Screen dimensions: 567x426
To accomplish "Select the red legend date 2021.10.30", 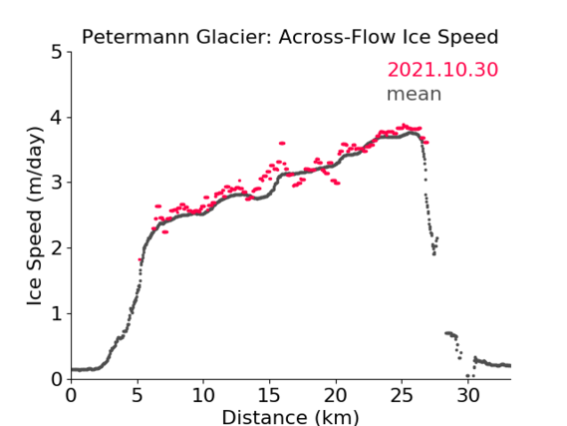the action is [x=442, y=70].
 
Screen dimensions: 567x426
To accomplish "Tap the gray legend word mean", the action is [x=415, y=94].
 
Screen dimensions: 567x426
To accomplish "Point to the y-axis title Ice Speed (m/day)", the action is [x=35, y=215].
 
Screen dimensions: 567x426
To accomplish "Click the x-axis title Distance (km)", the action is [x=290, y=417].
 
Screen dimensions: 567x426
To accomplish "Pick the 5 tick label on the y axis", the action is [x=57, y=52].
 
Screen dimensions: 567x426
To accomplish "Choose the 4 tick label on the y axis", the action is [x=57, y=118].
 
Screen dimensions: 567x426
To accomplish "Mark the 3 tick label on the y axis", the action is [x=57, y=183].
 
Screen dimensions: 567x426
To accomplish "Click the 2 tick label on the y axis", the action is [x=57, y=248].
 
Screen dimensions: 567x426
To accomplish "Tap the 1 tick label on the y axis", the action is [x=57, y=313].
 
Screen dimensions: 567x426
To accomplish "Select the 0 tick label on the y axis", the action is [x=57, y=379].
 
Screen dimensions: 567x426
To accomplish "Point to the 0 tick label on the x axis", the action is [x=71, y=395].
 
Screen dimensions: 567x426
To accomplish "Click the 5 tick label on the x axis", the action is [x=138, y=395].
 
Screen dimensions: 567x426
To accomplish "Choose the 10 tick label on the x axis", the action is [x=203, y=395].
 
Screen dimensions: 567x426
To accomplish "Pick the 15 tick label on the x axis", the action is [x=269, y=395].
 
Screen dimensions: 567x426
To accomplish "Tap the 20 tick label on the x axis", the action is [x=336, y=395].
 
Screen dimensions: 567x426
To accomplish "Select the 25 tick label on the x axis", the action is [x=402, y=395].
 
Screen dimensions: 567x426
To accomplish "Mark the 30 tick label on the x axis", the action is [x=468, y=395].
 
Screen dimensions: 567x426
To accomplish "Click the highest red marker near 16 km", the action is [x=282, y=144].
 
